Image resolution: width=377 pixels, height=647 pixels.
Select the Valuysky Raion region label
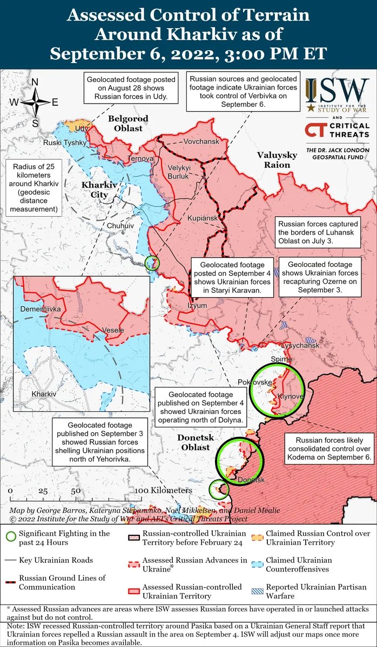[277, 160]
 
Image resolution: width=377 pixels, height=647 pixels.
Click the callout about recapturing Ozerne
[320, 278]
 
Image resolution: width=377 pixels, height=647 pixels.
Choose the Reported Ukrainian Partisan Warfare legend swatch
[257, 591]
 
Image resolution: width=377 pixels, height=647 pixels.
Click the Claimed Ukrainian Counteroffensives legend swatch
[257, 564]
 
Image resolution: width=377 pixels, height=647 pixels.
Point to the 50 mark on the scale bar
[76, 491]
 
